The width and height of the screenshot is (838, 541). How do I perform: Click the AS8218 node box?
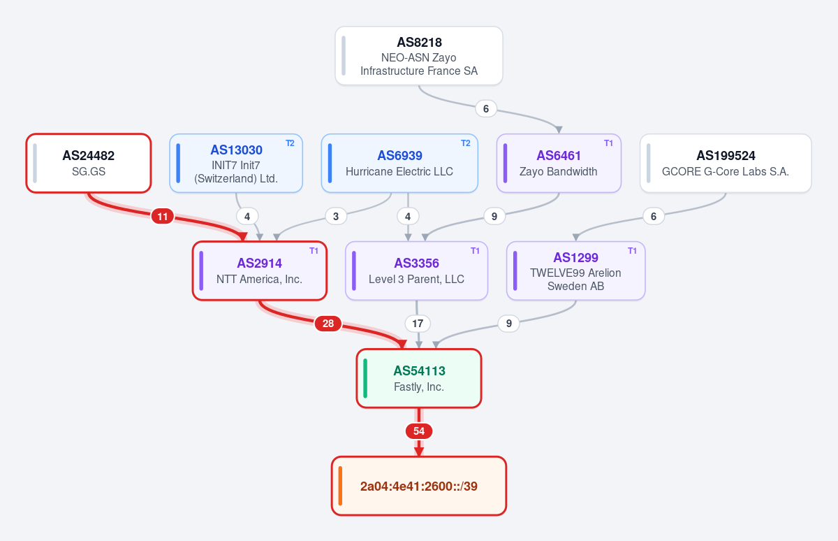tap(418, 56)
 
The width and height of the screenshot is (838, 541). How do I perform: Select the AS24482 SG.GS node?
tap(89, 164)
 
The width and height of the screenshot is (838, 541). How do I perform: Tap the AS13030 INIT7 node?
tap(236, 164)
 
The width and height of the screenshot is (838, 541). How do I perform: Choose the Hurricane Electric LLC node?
tap(399, 164)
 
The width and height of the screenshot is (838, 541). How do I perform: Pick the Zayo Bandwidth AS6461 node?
tap(559, 164)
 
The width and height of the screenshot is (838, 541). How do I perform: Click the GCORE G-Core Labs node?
tap(726, 164)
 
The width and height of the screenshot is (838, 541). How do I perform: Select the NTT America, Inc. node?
tap(260, 270)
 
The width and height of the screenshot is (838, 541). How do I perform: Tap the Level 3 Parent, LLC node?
tap(416, 270)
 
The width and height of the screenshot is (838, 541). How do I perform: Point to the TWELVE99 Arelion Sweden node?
tap(575, 270)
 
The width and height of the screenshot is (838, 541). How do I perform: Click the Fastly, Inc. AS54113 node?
tap(418, 378)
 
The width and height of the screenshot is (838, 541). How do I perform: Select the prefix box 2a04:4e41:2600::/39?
tap(418, 486)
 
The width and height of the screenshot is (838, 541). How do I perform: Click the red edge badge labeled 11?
tap(162, 217)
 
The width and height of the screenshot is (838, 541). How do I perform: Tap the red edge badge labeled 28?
tap(328, 324)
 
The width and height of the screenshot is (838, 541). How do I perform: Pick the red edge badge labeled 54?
tap(418, 431)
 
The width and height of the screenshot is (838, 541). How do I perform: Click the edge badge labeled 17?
tap(418, 324)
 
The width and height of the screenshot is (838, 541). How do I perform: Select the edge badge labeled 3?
tap(336, 217)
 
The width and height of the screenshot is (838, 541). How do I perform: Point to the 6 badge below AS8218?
tap(486, 108)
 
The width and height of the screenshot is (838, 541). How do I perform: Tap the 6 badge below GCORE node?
tap(654, 217)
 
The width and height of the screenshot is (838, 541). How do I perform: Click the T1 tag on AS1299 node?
tap(632, 251)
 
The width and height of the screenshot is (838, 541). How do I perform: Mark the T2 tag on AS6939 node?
tap(465, 143)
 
